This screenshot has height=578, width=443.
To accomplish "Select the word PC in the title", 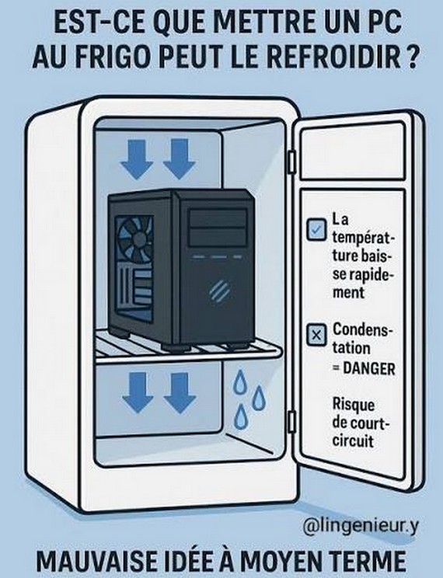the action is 384,23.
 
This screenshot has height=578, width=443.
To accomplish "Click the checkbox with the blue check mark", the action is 316,230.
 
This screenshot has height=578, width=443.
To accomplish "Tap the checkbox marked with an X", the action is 316,335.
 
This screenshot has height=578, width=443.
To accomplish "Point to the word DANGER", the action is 369,368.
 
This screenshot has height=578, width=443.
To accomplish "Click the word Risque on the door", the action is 354,405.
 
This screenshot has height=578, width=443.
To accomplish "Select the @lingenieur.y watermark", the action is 361,527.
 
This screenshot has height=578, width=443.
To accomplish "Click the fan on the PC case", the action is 135,239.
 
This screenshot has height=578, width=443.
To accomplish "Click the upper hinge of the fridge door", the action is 291,162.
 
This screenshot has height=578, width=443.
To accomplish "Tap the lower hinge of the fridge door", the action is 291,422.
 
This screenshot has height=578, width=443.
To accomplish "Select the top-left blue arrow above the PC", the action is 137,159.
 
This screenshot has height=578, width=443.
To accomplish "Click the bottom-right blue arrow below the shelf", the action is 180,392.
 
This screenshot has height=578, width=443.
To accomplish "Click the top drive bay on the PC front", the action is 218,218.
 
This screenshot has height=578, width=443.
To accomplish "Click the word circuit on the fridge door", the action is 353,440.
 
